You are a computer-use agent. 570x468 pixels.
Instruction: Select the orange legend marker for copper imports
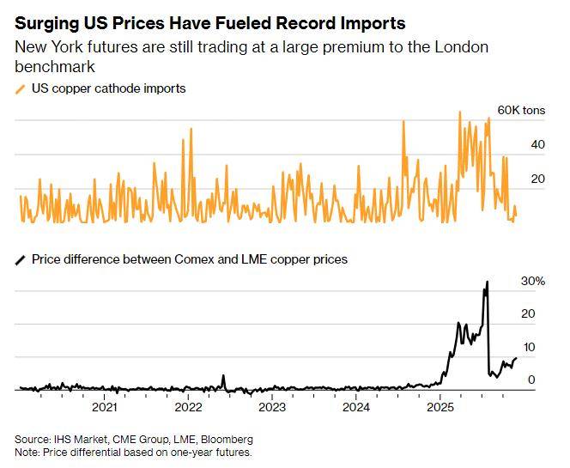tap(21, 88)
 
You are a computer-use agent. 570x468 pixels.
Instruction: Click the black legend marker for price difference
tap(21, 259)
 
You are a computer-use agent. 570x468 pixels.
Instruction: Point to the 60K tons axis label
tap(522, 112)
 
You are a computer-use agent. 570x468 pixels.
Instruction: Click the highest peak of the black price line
tap(488, 283)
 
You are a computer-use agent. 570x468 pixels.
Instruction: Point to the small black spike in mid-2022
tap(223, 376)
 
